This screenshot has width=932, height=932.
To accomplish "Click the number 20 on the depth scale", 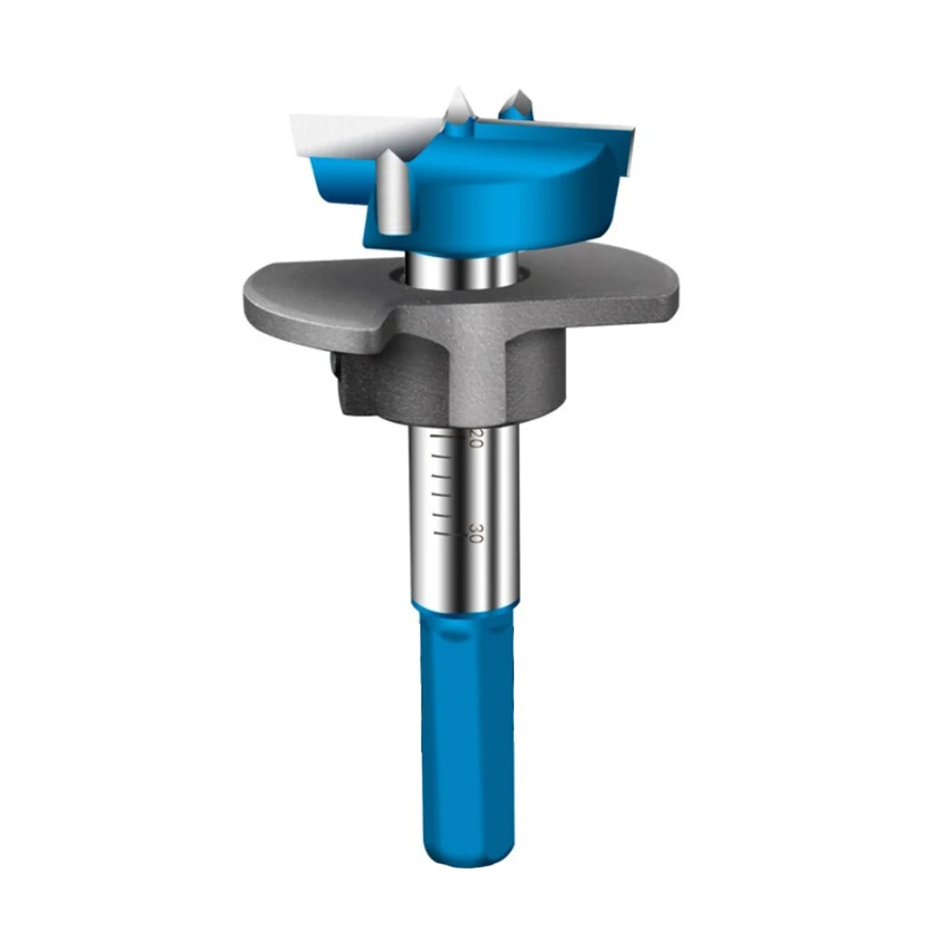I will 475,439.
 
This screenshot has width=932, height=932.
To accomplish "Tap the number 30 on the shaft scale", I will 475,533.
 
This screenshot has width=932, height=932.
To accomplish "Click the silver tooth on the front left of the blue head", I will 392,191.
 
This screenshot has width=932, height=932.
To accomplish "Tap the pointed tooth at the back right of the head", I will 514,105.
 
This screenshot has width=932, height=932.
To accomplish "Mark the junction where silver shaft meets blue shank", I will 464,608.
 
